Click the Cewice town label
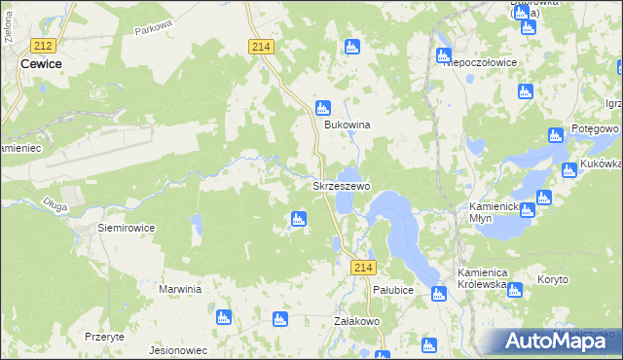pos(41,63)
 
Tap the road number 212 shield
pos(42,46)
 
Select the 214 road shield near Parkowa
pos(260,46)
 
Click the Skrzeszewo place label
pos(340,185)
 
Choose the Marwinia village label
pos(180,289)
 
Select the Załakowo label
pos(355,320)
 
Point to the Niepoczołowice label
pos(479,62)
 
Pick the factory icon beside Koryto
pos(515,289)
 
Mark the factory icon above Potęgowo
pos(556,135)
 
